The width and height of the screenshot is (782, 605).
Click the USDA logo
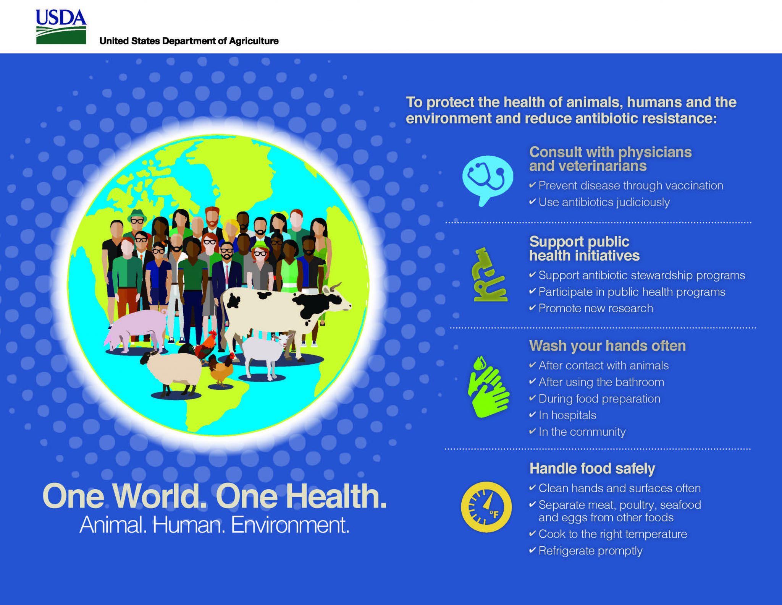pyautogui.click(x=61, y=27)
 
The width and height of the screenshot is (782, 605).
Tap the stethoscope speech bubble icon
pyautogui.click(x=487, y=180)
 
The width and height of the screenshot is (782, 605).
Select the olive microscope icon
pyautogui.click(x=490, y=275)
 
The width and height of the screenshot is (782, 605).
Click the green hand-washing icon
pyautogui.click(x=488, y=387)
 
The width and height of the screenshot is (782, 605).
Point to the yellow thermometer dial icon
pyautogui.click(x=486, y=507)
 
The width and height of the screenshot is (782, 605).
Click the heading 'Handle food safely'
pyautogui.click(x=592, y=469)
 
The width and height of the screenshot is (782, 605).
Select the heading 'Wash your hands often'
pyautogui.click(x=608, y=346)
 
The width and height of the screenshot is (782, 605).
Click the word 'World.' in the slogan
pyautogui.click(x=160, y=496)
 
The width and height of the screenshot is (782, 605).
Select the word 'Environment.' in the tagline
pyautogui.click(x=290, y=525)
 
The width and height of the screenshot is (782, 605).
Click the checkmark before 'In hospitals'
pyautogui.click(x=532, y=415)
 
